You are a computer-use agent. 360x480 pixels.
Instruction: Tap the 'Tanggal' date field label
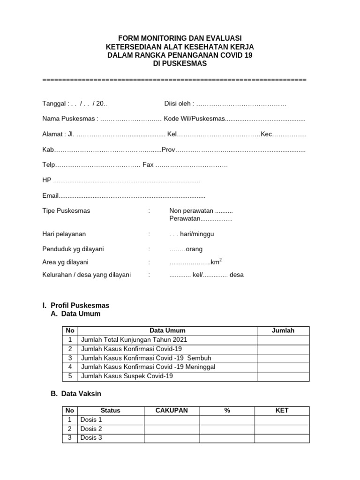pyautogui.click(x=55, y=103)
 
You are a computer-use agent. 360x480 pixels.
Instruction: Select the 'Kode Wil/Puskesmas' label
pyautogui.click(x=194, y=119)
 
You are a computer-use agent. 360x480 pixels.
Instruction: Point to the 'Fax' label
pyautogui.click(x=148, y=165)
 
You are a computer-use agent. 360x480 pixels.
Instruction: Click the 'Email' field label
pyautogui.click(x=50, y=196)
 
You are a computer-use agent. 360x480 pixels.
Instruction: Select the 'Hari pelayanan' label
pyautogui.click(x=64, y=234)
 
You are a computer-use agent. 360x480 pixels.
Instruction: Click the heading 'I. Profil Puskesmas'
pyautogui.click(x=76, y=306)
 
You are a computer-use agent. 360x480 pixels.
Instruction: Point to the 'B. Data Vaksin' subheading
pyautogui.click(x=76, y=394)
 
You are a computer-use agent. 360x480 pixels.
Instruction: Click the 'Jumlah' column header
pyautogui.click(x=283, y=330)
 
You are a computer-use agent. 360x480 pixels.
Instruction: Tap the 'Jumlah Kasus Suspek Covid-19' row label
pyautogui.click(x=127, y=376)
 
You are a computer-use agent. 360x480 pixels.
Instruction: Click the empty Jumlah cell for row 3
pyautogui.click(x=283, y=358)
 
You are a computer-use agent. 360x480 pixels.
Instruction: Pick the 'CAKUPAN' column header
pyautogui.click(x=172, y=411)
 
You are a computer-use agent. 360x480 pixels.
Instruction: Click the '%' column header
pyautogui.click(x=227, y=411)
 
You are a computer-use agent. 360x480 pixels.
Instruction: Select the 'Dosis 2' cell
pyautogui.click(x=91, y=429)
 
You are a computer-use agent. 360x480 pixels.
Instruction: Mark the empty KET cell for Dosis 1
pyautogui.click(x=282, y=420)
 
